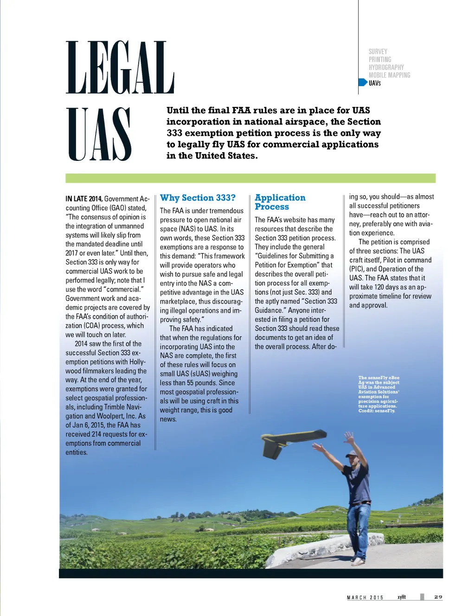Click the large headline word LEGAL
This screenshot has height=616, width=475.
point(120,68)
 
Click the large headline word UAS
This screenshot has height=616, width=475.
point(99,134)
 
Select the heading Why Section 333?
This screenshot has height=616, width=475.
point(198,198)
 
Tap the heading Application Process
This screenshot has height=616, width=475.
point(280,202)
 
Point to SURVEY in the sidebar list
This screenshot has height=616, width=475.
point(378,51)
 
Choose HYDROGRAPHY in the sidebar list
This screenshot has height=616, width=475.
point(386,67)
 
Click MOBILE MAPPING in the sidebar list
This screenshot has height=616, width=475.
point(389,75)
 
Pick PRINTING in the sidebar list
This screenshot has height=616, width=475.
point(379,59)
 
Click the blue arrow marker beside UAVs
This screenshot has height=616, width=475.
point(363,83)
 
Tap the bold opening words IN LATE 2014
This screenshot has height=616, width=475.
point(83,199)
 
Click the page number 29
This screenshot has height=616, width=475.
point(438,597)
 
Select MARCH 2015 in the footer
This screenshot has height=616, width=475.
point(365,597)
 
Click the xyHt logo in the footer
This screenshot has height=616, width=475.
point(402,597)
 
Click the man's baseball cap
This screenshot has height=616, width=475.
point(352,454)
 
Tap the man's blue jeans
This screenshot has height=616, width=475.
point(359,528)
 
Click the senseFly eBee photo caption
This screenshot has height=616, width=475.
point(379,394)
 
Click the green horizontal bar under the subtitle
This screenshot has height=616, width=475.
point(250,178)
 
